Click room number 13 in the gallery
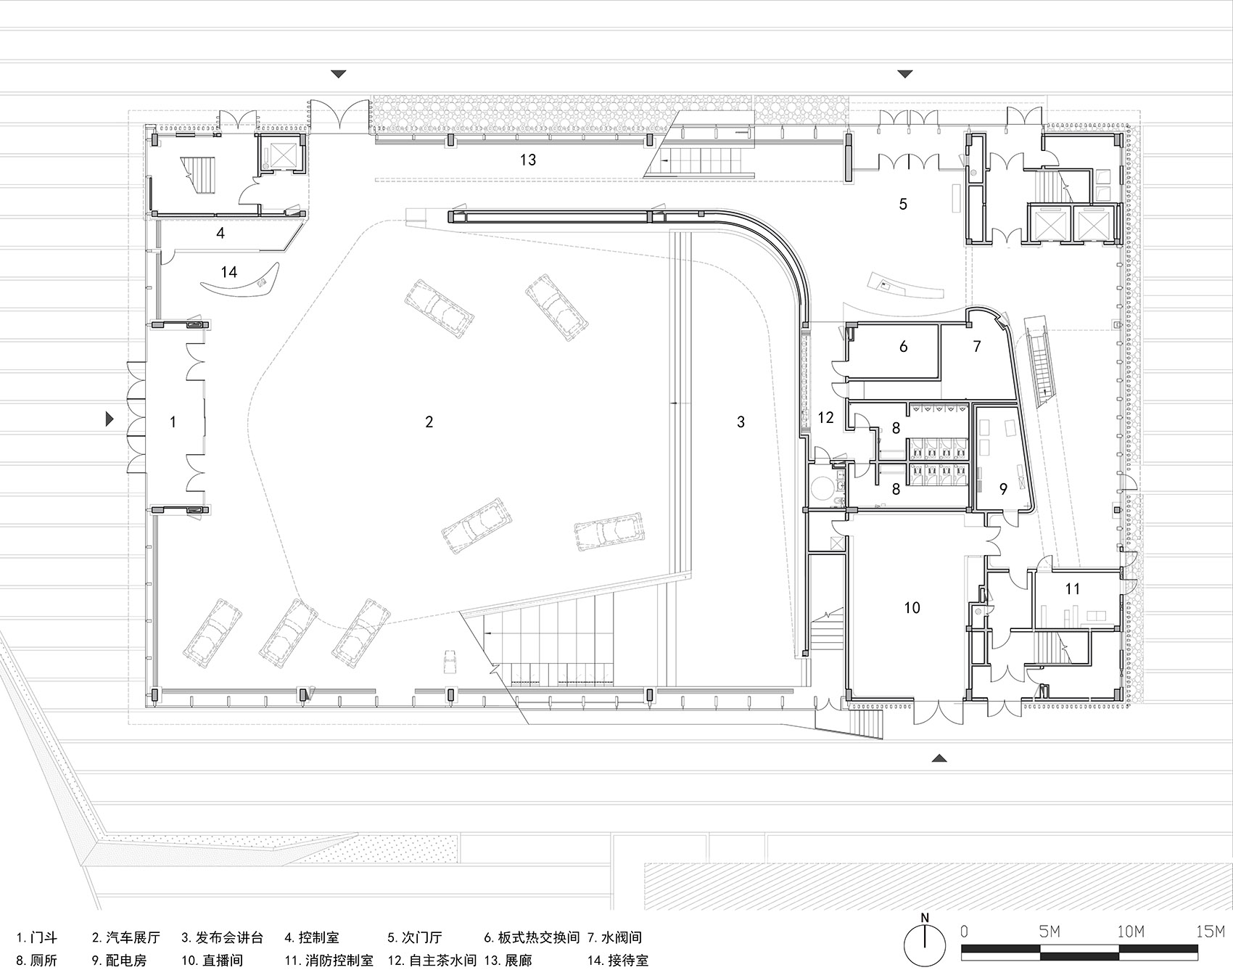click(x=528, y=160)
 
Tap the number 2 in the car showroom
click(x=429, y=422)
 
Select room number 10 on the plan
click(x=912, y=608)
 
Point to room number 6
click(x=903, y=347)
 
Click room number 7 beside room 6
click(x=977, y=347)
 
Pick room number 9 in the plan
click(x=1003, y=489)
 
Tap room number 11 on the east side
click(x=1072, y=589)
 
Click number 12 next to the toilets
click(x=825, y=418)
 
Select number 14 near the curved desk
click(x=228, y=272)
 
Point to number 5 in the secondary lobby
click(x=902, y=204)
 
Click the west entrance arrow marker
click(x=110, y=419)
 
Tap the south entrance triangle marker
click(x=939, y=758)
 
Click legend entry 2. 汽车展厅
click(x=125, y=938)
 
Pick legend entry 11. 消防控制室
click(x=329, y=961)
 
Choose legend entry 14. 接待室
click(x=618, y=961)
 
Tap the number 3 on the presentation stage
click(x=741, y=422)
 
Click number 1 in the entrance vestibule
click(x=173, y=422)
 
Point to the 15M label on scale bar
click(x=1209, y=932)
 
